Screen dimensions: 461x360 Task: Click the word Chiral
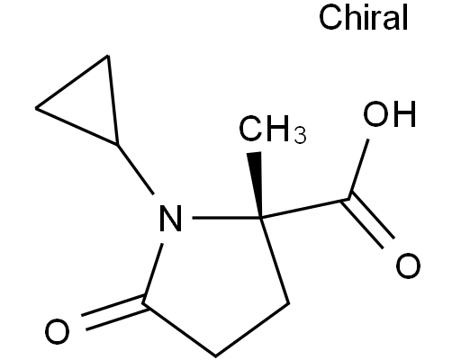click(364, 18)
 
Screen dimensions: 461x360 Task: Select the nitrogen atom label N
click(171, 218)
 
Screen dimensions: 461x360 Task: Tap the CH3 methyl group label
click(273, 129)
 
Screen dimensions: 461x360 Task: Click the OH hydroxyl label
click(390, 114)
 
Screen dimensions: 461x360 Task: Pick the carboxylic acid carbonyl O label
click(408, 265)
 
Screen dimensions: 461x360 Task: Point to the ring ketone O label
click(57, 331)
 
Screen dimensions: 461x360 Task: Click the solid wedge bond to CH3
click(256, 184)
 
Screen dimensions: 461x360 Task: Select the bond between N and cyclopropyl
click(136, 170)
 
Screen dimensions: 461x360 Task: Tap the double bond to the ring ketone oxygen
click(114, 312)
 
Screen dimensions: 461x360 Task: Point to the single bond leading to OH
click(358, 169)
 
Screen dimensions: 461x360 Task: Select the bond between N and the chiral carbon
click(227, 217)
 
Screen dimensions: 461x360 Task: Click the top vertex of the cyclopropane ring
click(108, 56)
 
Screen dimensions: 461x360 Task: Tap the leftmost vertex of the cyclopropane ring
click(36, 108)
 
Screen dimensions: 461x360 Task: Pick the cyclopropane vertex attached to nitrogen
click(118, 145)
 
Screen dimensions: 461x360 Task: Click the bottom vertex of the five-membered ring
click(215, 356)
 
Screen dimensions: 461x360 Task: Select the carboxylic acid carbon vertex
click(349, 198)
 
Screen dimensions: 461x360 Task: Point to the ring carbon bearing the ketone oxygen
click(143, 303)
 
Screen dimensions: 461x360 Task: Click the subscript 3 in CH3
click(301, 136)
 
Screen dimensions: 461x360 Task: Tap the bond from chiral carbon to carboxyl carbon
click(305, 208)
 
